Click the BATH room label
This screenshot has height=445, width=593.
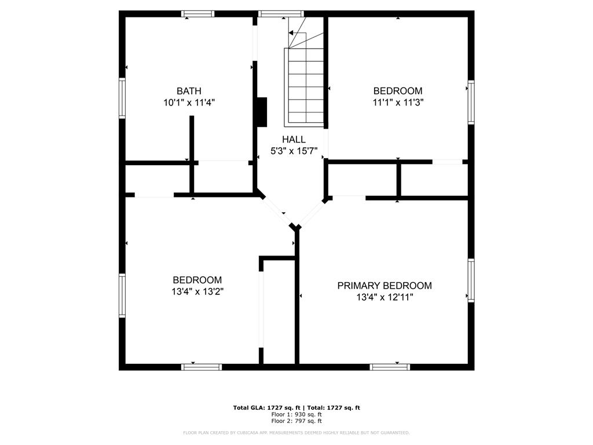pyautogui.click(x=189, y=91)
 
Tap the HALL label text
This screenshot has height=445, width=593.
pyautogui.click(x=294, y=139)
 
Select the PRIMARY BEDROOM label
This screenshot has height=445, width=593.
pyautogui.click(x=385, y=286)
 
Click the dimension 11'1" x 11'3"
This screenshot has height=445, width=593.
pyautogui.click(x=398, y=102)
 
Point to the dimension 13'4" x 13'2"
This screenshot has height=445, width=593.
pyautogui.click(x=197, y=291)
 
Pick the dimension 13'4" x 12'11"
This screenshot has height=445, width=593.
pyautogui.click(x=385, y=297)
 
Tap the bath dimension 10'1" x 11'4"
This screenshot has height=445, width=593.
pyautogui.click(x=189, y=102)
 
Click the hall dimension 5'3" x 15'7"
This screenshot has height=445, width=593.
pyautogui.click(x=294, y=151)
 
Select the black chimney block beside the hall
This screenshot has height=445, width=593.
pyautogui.click(x=262, y=112)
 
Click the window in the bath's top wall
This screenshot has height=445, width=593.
pyautogui.click(x=198, y=14)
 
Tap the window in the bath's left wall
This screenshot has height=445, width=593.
pyautogui.click(x=122, y=99)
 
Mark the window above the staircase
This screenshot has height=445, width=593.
pyautogui.click(x=281, y=14)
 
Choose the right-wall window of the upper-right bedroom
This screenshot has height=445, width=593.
pyautogui.click(x=471, y=102)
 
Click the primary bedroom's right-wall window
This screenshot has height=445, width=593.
pyautogui.click(x=471, y=280)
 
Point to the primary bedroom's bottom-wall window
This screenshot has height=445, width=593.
pyautogui.click(x=390, y=367)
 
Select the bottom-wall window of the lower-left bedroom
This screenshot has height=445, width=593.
pyautogui.click(x=201, y=367)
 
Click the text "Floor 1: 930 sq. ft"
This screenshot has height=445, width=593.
pyautogui.click(x=296, y=414)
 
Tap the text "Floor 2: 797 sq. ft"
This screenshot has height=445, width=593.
pyautogui.click(x=296, y=421)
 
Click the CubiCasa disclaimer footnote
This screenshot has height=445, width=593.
pyautogui.click(x=296, y=432)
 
